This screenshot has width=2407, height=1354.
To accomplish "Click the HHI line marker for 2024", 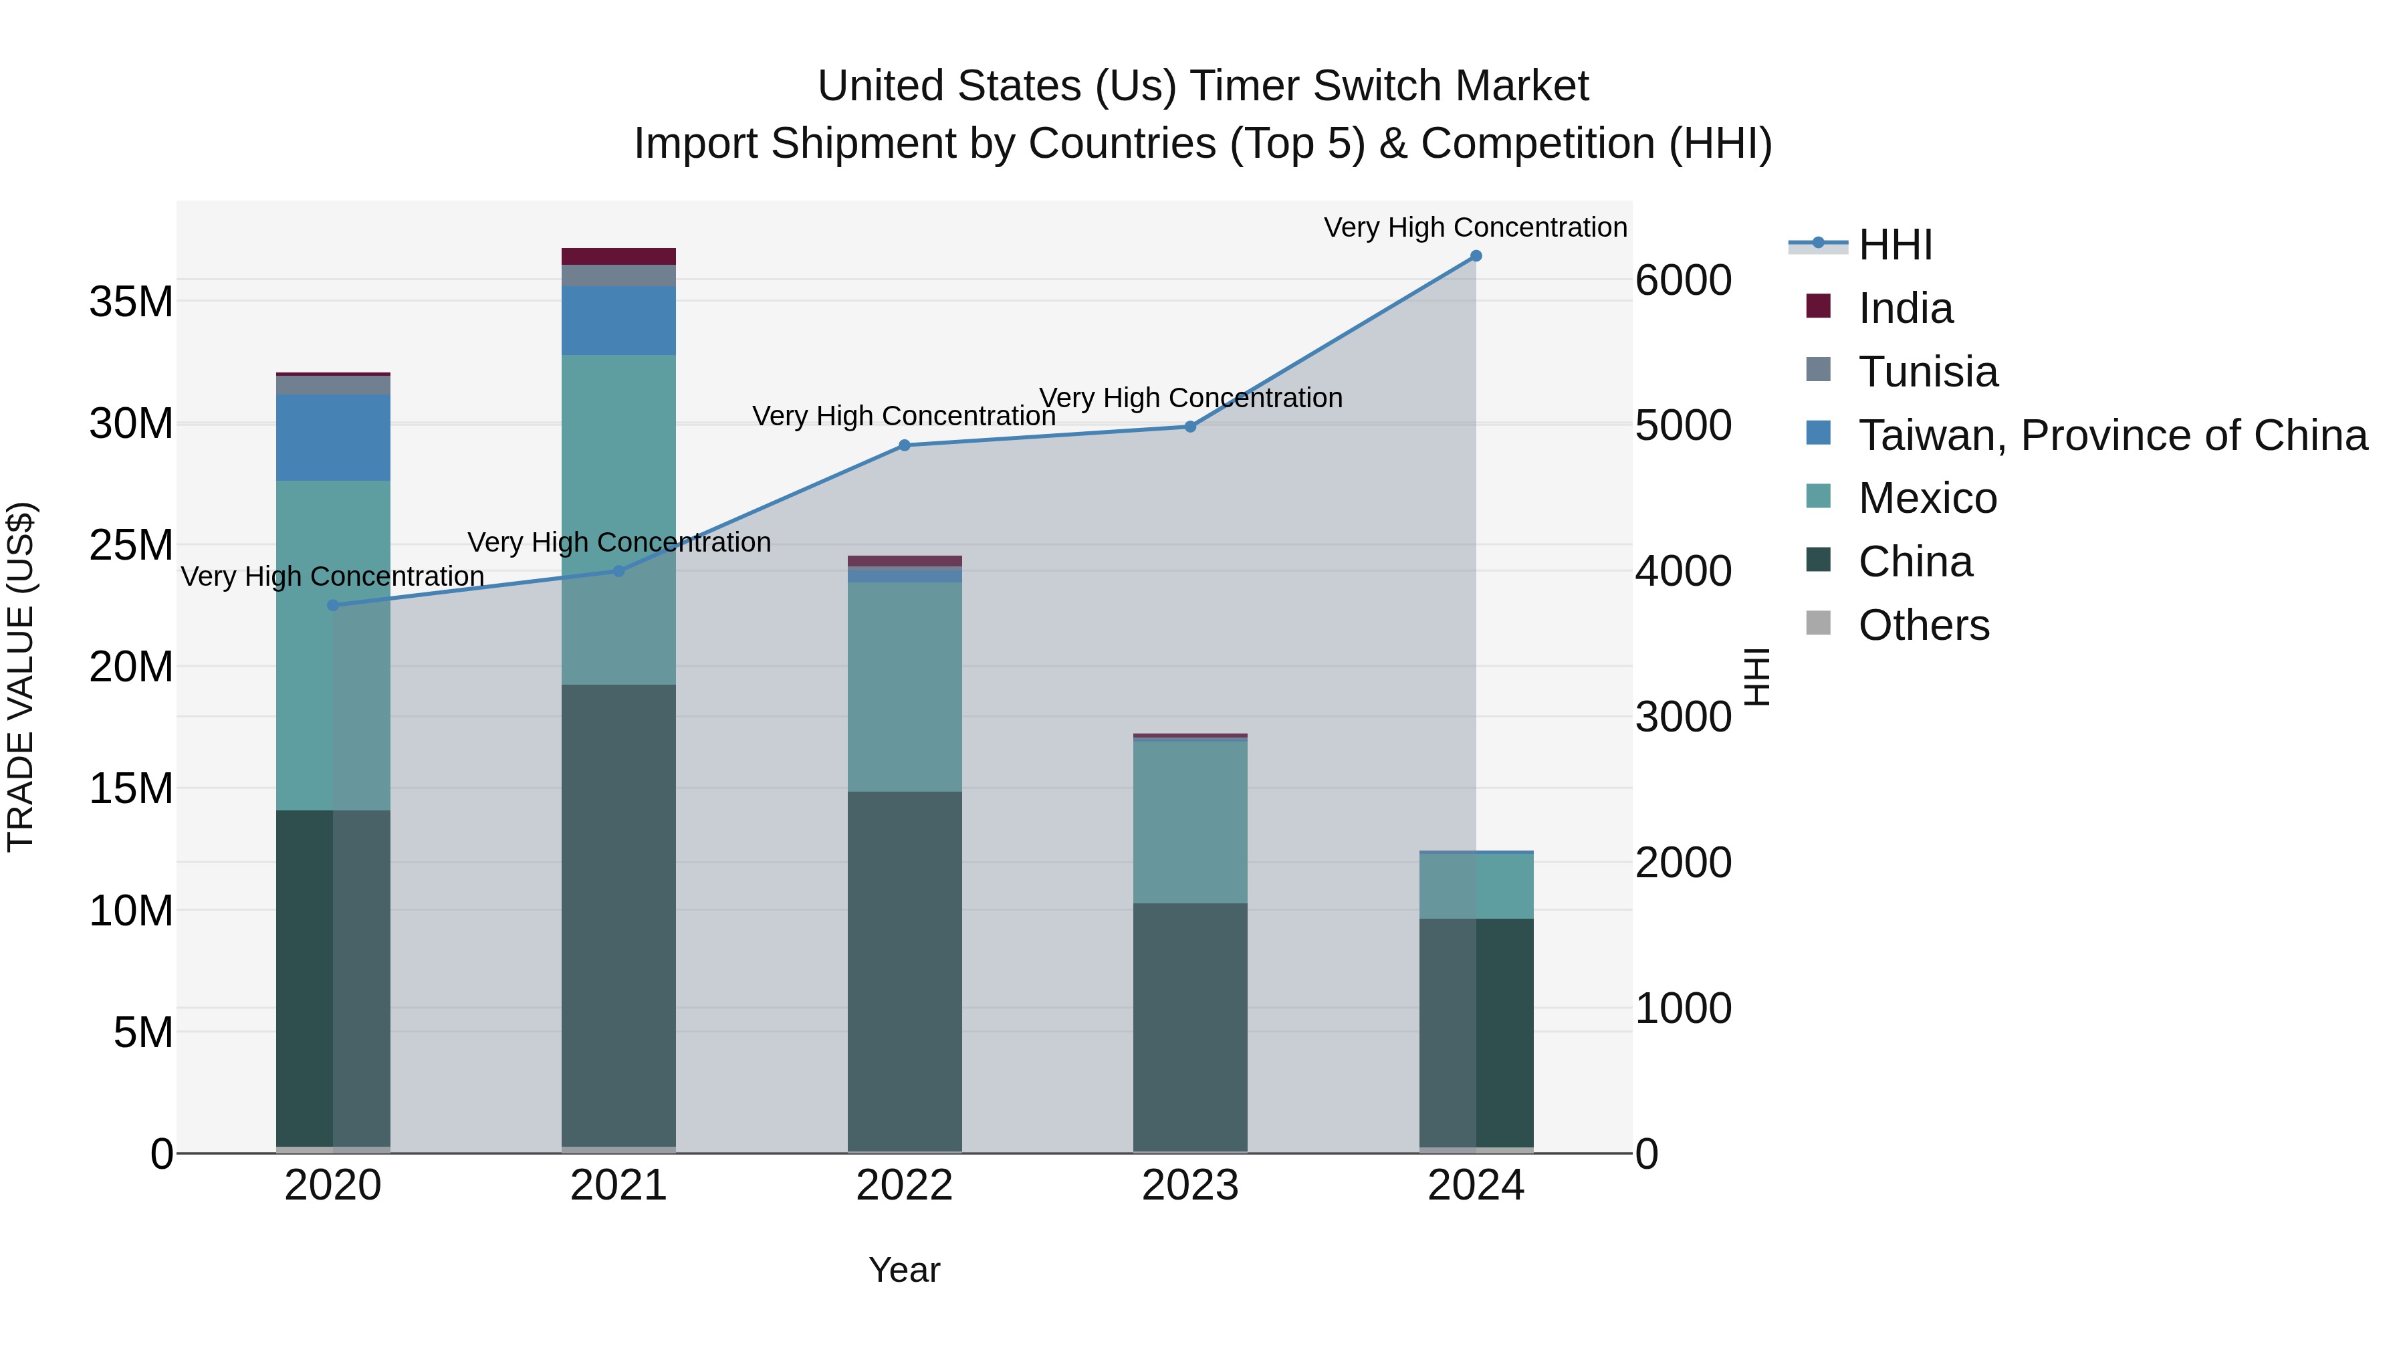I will tap(1476, 255).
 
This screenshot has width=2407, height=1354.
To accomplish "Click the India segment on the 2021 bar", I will tap(618, 256).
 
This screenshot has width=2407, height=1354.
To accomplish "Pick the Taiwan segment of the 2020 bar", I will tap(333, 437).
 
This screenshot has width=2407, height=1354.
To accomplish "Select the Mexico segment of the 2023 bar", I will tap(1189, 821).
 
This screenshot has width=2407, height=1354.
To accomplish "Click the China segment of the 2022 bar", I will tap(903, 972).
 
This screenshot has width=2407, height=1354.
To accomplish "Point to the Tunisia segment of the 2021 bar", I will tap(618, 275).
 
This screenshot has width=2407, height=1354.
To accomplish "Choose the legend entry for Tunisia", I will tap(1928, 372).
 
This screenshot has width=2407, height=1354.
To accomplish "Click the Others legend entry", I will tap(1923, 625).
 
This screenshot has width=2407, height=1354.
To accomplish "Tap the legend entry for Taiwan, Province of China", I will tap(2111, 435).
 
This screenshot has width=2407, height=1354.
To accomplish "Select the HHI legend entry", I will tap(1894, 245).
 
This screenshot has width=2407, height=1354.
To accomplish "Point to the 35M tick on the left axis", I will tap(131, 302).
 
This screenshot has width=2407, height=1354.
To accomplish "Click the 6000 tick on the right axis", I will tap(1683, 280).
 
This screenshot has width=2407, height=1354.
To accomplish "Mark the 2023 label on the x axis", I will tap(1189, 1186).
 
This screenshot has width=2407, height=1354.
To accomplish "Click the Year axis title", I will tap(903, 1270).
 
